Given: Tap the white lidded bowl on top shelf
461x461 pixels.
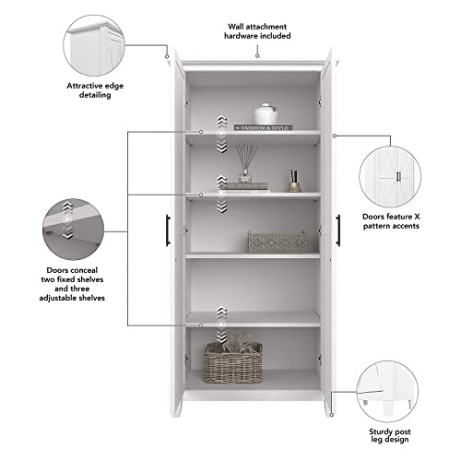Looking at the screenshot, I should click(266, 114).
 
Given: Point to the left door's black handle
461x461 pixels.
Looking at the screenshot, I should click(168, 229).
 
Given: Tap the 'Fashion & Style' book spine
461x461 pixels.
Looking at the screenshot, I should click(268, 126).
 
